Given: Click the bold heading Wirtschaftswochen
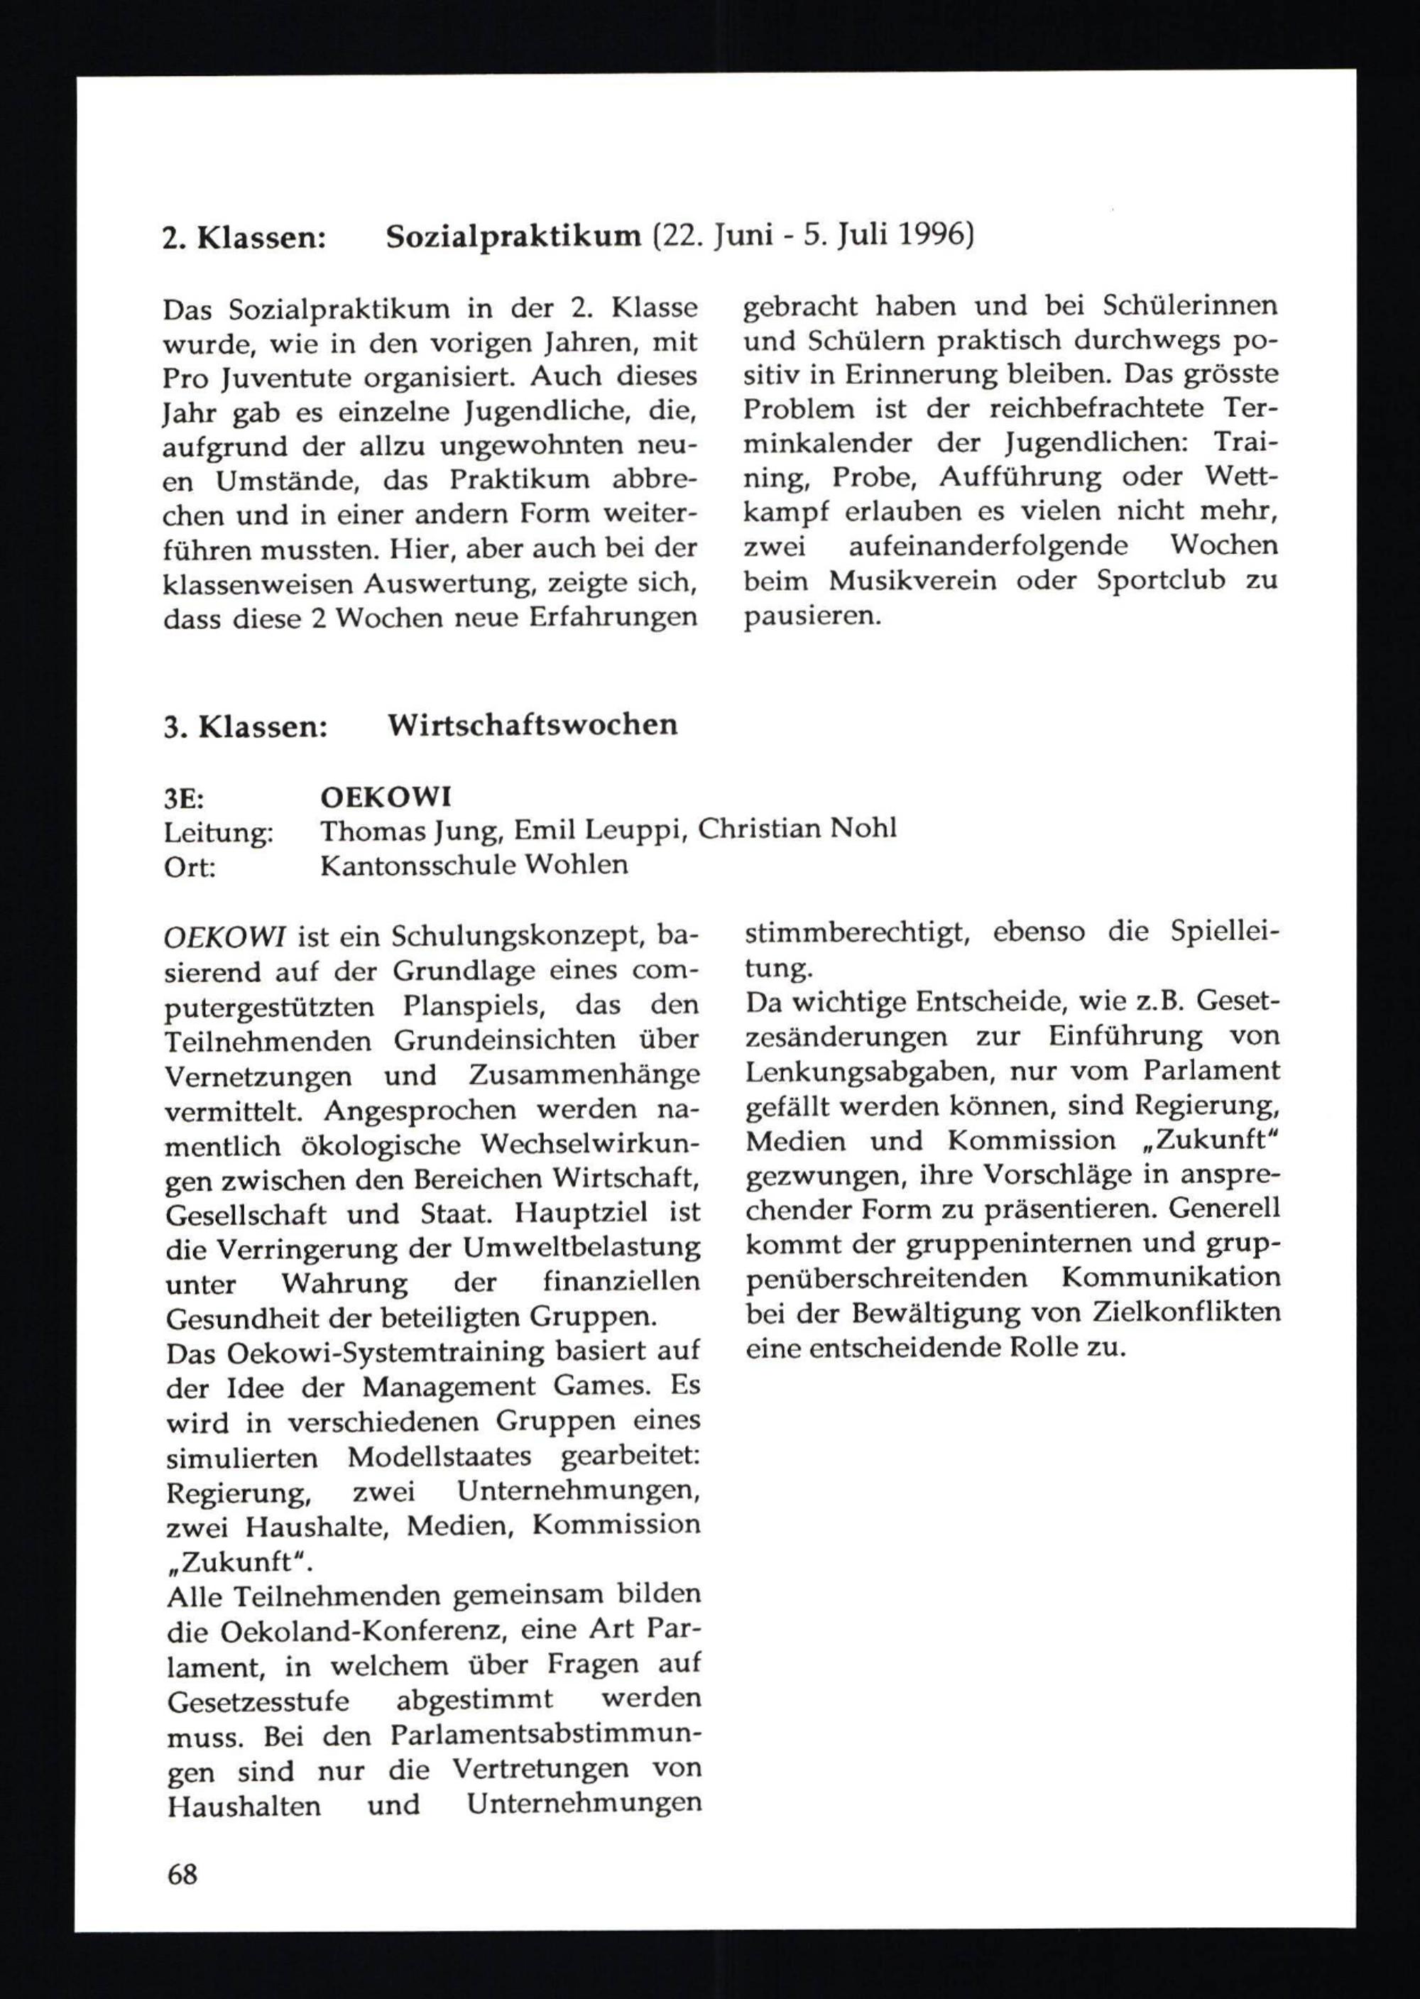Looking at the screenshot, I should (x=532, y=725).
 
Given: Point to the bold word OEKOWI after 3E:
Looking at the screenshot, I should (x=386, y=797).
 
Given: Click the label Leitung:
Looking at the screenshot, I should (x=219, y=832).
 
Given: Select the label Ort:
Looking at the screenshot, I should (x=190, y=866).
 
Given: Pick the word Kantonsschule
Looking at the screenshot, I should (x=420, y=866).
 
